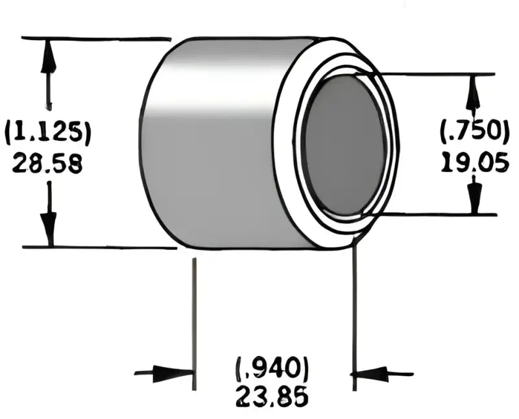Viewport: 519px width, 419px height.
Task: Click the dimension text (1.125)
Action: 47,132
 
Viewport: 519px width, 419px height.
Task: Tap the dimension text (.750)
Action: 475,132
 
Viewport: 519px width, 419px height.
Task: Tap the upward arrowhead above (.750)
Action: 474,93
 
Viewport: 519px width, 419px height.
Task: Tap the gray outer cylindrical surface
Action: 214,143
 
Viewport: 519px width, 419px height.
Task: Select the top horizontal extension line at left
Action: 97,38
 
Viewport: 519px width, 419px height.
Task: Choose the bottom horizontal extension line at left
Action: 97,247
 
